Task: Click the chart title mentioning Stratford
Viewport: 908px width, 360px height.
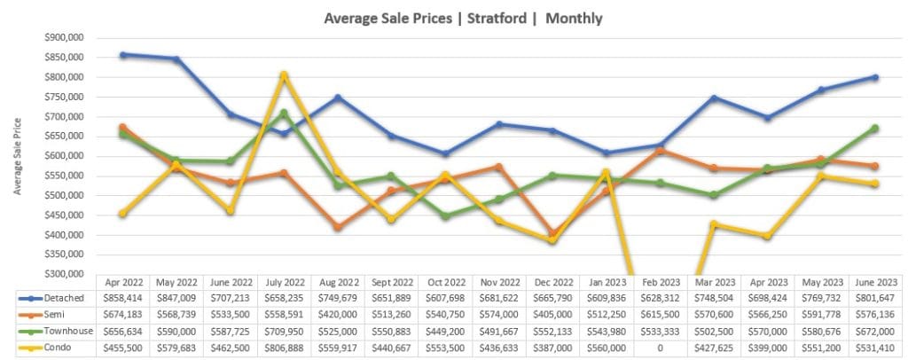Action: point(453,18)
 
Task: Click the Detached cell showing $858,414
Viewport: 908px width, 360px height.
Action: point(123,299)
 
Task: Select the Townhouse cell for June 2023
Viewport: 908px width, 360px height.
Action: point(874,333)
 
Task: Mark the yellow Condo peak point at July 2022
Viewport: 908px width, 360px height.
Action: point(284,75)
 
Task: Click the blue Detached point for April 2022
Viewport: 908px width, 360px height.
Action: point(123,55)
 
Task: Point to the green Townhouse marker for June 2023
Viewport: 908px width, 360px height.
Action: point(874,129)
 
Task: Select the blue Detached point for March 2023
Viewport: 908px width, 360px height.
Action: point(714,98)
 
